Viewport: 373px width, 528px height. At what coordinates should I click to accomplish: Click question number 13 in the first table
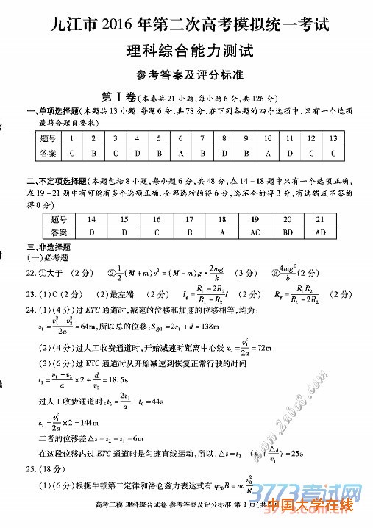coord(333,138)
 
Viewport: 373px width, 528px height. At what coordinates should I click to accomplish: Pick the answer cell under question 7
coord(181,154)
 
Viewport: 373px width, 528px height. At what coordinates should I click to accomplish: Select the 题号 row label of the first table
coord(49,138)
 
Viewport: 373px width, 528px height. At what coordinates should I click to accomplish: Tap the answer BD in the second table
coord(288,232)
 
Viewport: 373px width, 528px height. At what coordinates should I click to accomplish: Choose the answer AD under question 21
coord(320,232)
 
